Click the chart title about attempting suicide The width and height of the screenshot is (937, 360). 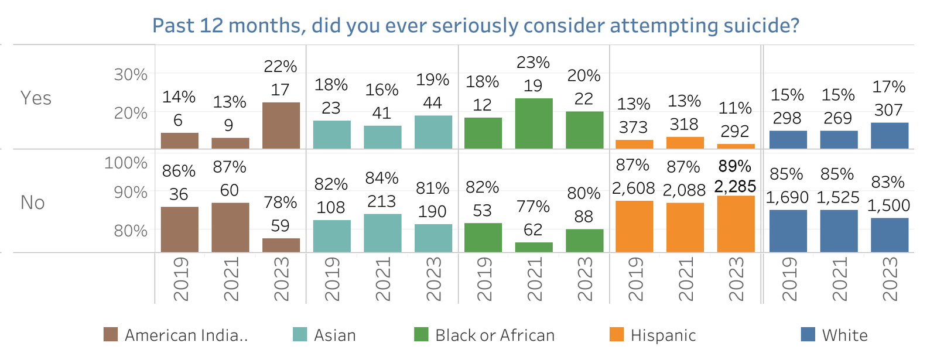coord(476,26)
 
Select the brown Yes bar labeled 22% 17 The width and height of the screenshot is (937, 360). coord(281,125)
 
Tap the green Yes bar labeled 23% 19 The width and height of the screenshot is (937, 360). coord(534,123)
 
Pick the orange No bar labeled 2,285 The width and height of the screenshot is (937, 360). coord(736,224)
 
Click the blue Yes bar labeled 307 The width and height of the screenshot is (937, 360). coord(889,135)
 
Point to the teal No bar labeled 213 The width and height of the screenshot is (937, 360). coord(382,233)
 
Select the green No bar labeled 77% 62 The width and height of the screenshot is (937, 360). coord(534,247)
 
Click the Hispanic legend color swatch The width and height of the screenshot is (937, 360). coord(616,335)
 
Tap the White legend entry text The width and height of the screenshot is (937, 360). coord(844,335)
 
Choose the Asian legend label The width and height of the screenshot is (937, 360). coord(334,335)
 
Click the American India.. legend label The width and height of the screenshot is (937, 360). coord(186,335)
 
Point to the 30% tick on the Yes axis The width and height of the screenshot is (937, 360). coord(131,75)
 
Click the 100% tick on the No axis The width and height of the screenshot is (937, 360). coord(125,163)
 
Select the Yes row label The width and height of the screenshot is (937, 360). coord(36,98)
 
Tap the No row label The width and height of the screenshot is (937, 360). coord(33,203)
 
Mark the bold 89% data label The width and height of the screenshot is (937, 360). coord(735,166)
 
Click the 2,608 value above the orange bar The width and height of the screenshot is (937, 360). coord(633,188)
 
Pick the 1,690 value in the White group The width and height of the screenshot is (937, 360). coord(786,197)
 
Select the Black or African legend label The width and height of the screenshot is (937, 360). coord(494,335)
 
